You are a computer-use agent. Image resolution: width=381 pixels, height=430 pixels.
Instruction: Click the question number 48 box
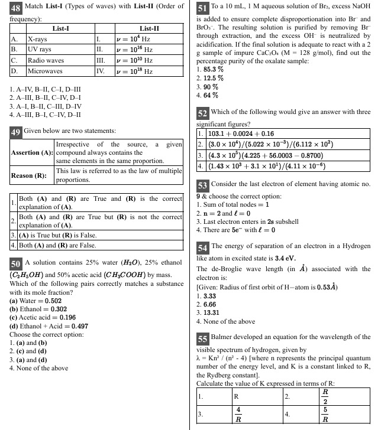[x=16, y=8]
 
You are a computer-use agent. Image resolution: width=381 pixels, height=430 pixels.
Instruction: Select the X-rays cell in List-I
[x=38, y=40]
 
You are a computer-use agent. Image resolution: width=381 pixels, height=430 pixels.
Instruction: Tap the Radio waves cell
[x=46, y=60]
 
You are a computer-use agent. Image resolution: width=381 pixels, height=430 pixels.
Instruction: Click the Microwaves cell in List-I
[x=45, y=71]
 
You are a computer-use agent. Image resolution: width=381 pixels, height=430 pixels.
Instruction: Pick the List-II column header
[x=148, y=28]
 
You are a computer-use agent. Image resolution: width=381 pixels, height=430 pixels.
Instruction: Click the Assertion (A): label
[x=32, y=152]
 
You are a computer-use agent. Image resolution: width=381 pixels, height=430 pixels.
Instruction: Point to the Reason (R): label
[x=28, y=175]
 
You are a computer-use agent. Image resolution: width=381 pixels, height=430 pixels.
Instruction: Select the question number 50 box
[x=16, y=263]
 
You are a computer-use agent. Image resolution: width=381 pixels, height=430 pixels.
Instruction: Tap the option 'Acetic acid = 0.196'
[x=43, y=317]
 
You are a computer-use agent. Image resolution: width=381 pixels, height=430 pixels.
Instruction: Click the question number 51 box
[x=202, y=8]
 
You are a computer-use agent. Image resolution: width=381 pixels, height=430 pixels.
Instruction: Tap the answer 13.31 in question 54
[x=211, y=312]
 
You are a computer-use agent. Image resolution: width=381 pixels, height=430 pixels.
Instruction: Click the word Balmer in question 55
[x=222, y=337]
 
